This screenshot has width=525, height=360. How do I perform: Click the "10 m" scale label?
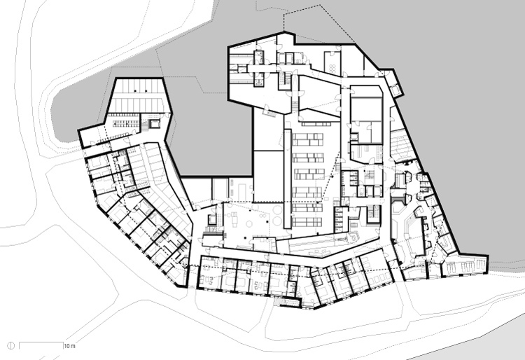(x=69, y=346)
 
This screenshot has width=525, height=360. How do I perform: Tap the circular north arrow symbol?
(x=11, y=345)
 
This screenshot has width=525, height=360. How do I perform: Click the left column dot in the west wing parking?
(x=135, y=90)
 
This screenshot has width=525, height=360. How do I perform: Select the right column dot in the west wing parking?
(x=146, y=90)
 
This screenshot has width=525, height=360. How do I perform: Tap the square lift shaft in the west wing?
(x=155, y=124)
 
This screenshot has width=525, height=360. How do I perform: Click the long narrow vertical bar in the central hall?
(x=287, y=179)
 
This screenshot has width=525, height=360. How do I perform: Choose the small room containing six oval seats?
(x=332, y=63)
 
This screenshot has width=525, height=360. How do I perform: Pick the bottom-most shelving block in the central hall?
(x=307, y=222)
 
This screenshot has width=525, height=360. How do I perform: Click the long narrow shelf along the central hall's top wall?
(x=316, y=124)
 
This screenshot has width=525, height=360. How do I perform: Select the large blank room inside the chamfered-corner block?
(x=366, y=109)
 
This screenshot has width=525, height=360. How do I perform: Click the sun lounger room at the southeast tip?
(x=465, y=265)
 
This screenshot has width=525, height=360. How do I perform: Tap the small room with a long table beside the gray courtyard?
(x=240, y=189)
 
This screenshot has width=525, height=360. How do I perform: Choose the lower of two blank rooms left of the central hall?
(x=269, y=176)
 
